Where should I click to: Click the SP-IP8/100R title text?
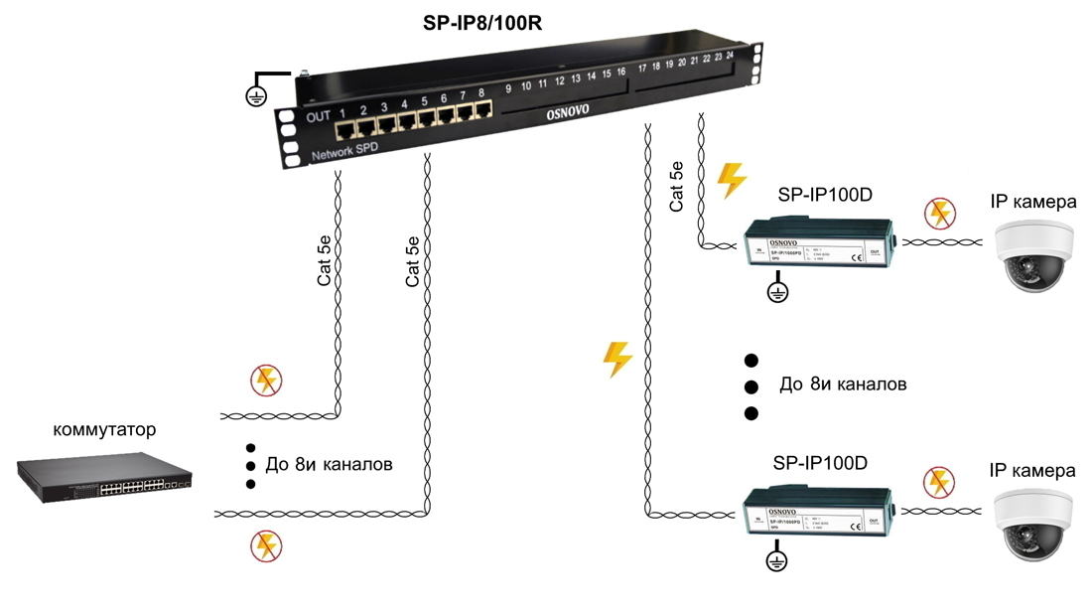click(482, 23)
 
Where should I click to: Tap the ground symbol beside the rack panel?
click(257, 95)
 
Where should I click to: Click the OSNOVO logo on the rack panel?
click(568, 113)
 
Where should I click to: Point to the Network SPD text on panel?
click(344, 151)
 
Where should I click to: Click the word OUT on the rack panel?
click(318, 117)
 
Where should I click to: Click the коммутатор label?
click(104, 430)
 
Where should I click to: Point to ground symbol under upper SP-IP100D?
click(777, 292)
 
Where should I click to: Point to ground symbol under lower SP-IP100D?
click(777, 562)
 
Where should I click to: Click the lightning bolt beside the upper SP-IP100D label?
click(732, 181)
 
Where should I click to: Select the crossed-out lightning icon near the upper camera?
click(938, 213)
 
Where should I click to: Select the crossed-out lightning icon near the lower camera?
click(938, 482)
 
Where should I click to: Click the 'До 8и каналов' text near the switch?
click(329, 464)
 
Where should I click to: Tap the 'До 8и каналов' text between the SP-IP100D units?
click(843, 384)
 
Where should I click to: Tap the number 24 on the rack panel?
click(730, 55)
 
